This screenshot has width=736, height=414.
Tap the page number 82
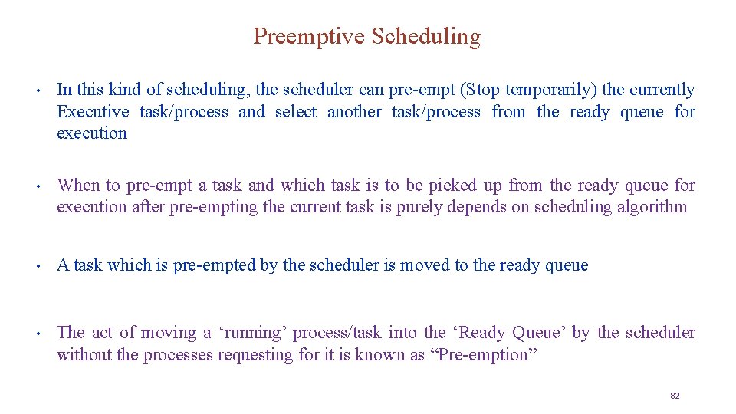pyautogui.click(x=675, y=396)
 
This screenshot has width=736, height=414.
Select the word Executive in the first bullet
pyautogui.click(x=93, y=112)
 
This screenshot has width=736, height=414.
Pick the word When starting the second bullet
pyautogui.click(x=78, y=185)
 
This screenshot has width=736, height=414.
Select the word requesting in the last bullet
pyautogui.click(x=254, y=354)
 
